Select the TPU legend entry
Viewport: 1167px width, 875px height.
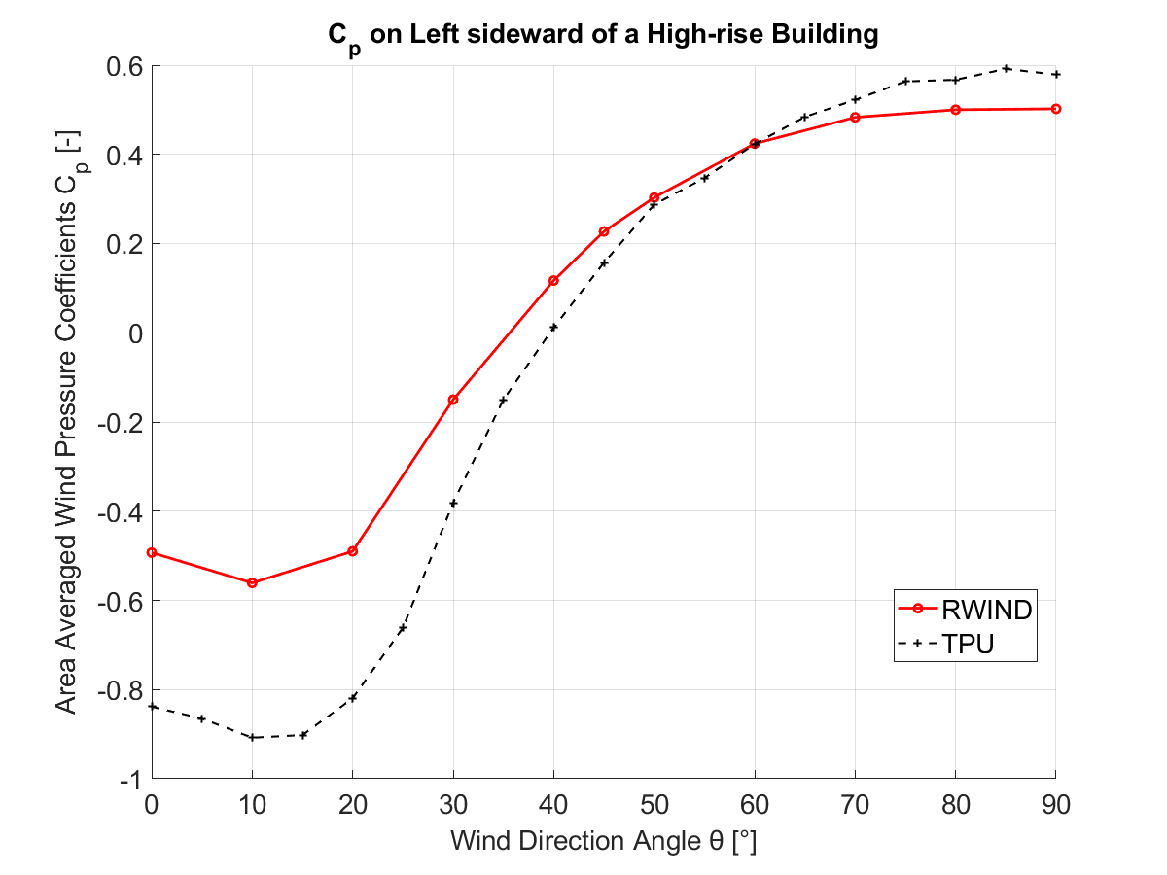[968, 644]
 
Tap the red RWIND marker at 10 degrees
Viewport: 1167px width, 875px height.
[252, 582]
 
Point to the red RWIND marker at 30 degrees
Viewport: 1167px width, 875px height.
[453, 400]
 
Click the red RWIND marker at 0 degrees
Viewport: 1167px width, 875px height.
[152, 552]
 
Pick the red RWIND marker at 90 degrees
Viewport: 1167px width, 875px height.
[1056, 109]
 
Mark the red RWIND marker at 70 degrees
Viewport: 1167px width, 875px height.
[855, 118]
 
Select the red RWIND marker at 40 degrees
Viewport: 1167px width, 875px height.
[553, 281]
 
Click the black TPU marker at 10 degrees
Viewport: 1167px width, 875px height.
[252, 737]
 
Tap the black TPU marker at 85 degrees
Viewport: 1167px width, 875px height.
[1007, 68]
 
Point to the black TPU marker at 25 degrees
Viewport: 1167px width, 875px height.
[403, 628]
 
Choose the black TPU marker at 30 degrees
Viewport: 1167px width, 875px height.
[453, 503]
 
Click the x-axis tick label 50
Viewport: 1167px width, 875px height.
[654, 804]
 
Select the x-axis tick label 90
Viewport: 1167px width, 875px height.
[1055, 804]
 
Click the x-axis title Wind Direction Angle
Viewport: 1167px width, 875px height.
[603, 841]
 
